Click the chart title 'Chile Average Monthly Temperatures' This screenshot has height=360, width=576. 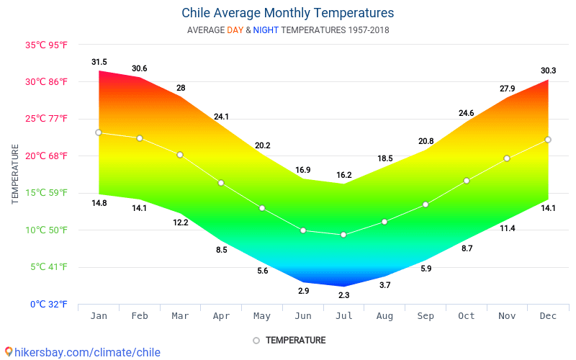pos(287,13)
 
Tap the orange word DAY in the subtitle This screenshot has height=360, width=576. pos(235,30)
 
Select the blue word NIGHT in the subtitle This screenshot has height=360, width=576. pos(266,30)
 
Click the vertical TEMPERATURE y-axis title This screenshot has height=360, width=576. pos(15,174)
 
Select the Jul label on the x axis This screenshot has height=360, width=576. pos(343,315)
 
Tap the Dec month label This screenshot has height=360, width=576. pos(548,315)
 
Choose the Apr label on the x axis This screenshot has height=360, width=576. pos(221,315)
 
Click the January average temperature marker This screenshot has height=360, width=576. pos(99,132)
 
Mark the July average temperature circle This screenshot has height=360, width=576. pos(343,235)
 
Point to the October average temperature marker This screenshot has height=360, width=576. pos(467,181)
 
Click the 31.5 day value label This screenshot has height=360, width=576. pos(99,62)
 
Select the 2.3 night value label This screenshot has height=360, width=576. pos(343,295)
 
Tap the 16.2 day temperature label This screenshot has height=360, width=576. pos(343,175)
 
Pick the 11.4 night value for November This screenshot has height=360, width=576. pos(508,228)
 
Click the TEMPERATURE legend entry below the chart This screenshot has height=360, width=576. pos(295,340)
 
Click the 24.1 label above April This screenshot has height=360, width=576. pos(221,117)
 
